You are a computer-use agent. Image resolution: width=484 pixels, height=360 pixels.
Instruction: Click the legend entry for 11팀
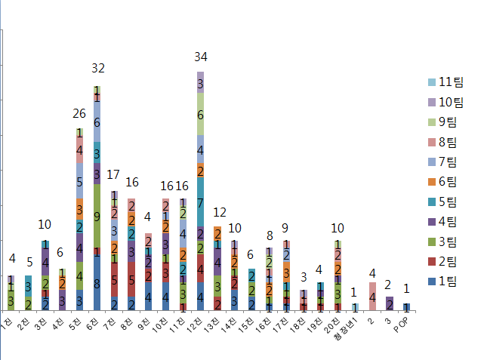[449, 82]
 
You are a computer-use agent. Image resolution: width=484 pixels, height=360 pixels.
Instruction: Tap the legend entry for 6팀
[449, 182]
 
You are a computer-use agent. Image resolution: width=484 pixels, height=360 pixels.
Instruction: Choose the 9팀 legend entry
[449, 122]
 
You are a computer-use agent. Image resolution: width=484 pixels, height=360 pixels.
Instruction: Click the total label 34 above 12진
[201, 57]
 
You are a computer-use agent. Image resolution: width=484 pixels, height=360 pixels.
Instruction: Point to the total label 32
[98, 69]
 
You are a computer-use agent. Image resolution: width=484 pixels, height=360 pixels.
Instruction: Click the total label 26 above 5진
[79, 114]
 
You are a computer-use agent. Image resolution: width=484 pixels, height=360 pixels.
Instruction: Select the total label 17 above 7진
[114, 174]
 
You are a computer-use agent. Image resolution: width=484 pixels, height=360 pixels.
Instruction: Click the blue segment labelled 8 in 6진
[97, 284]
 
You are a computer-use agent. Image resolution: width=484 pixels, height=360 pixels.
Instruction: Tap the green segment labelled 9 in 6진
[97, 216]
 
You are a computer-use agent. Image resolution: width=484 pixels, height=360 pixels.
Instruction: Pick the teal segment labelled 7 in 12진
[200, 203]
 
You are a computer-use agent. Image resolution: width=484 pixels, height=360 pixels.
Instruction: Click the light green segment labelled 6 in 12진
[200, 115]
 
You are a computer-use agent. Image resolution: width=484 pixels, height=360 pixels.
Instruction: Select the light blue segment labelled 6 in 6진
[97, 122]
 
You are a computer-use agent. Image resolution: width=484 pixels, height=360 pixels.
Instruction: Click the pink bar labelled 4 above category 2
[372, 296]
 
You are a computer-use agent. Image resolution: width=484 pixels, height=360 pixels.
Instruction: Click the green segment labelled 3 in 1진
[11, 301]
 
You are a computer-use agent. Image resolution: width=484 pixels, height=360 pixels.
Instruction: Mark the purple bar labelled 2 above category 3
[390, 303]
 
